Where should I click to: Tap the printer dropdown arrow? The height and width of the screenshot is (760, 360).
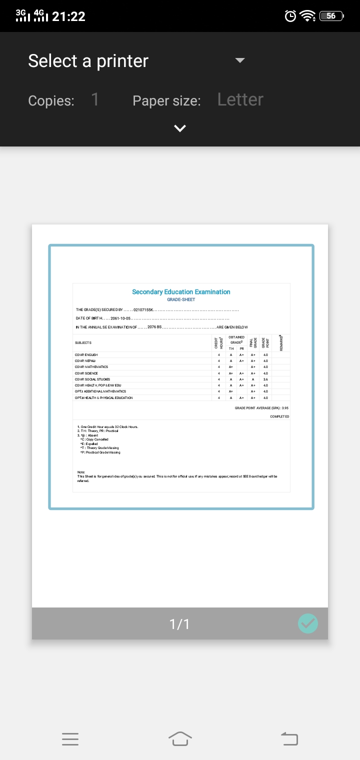240,60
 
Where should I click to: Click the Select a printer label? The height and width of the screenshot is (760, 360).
88,61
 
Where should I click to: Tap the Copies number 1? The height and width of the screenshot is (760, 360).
95,100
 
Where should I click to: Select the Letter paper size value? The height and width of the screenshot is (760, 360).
240,100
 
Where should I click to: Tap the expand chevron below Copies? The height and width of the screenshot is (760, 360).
179,128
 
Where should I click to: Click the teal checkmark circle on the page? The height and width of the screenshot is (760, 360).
307,623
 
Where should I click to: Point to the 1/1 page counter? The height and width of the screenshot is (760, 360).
179,624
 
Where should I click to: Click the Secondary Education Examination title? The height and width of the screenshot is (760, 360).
181,292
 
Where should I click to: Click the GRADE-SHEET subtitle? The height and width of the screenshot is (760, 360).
181,299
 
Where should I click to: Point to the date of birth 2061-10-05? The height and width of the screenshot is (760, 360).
120,318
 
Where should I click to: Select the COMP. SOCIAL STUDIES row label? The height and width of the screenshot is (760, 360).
92,379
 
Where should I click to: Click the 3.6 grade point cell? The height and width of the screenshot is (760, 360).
265,379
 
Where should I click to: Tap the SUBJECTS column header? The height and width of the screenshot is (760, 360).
83,342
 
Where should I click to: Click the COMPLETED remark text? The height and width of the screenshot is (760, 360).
279,416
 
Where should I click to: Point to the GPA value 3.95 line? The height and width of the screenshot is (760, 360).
261,408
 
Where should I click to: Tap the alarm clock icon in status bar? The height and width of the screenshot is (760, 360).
290,16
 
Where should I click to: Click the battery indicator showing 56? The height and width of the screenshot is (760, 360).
330,16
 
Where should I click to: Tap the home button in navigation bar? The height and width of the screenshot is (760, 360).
180,738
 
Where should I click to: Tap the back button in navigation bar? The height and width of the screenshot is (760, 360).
289,738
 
